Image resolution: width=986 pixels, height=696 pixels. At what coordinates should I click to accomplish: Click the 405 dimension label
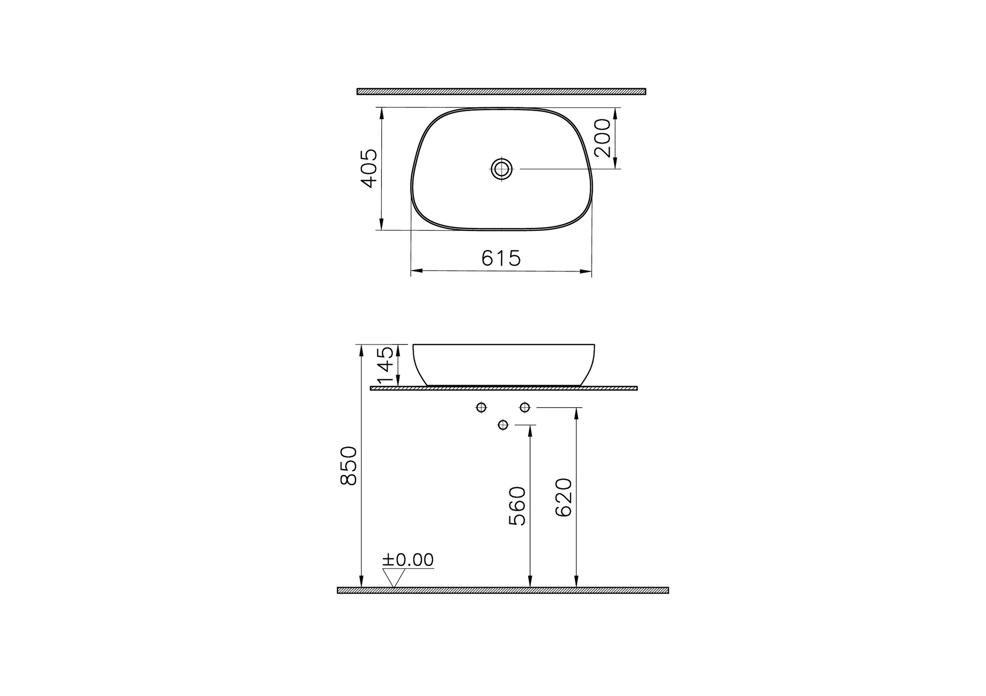[369, 168]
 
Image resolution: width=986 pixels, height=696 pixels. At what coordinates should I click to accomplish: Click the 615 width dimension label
[501, 259]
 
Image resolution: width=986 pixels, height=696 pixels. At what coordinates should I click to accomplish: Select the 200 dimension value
[603, 138]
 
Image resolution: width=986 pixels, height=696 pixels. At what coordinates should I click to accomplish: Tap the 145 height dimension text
[387, 365]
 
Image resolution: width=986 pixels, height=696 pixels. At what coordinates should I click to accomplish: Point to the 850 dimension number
[349, 465]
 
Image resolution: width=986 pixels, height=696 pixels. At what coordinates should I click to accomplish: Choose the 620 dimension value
[563, 497]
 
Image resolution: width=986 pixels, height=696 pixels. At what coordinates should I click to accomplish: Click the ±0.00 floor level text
[408, 560]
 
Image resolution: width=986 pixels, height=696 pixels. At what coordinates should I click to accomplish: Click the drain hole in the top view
[502, 169]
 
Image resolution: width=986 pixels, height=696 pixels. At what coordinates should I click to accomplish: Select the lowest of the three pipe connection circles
[503, 425]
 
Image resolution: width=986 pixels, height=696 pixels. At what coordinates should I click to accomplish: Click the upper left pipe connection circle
[481, 407]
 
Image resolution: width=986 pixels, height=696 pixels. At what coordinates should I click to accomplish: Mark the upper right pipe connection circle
[525, 407]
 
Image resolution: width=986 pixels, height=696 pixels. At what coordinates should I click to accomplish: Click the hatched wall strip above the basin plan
[501, 91]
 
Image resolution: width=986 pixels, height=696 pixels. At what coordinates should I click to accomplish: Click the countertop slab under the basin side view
[504, 388]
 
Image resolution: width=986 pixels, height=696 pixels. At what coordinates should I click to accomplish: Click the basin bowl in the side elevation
[504, 364]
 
